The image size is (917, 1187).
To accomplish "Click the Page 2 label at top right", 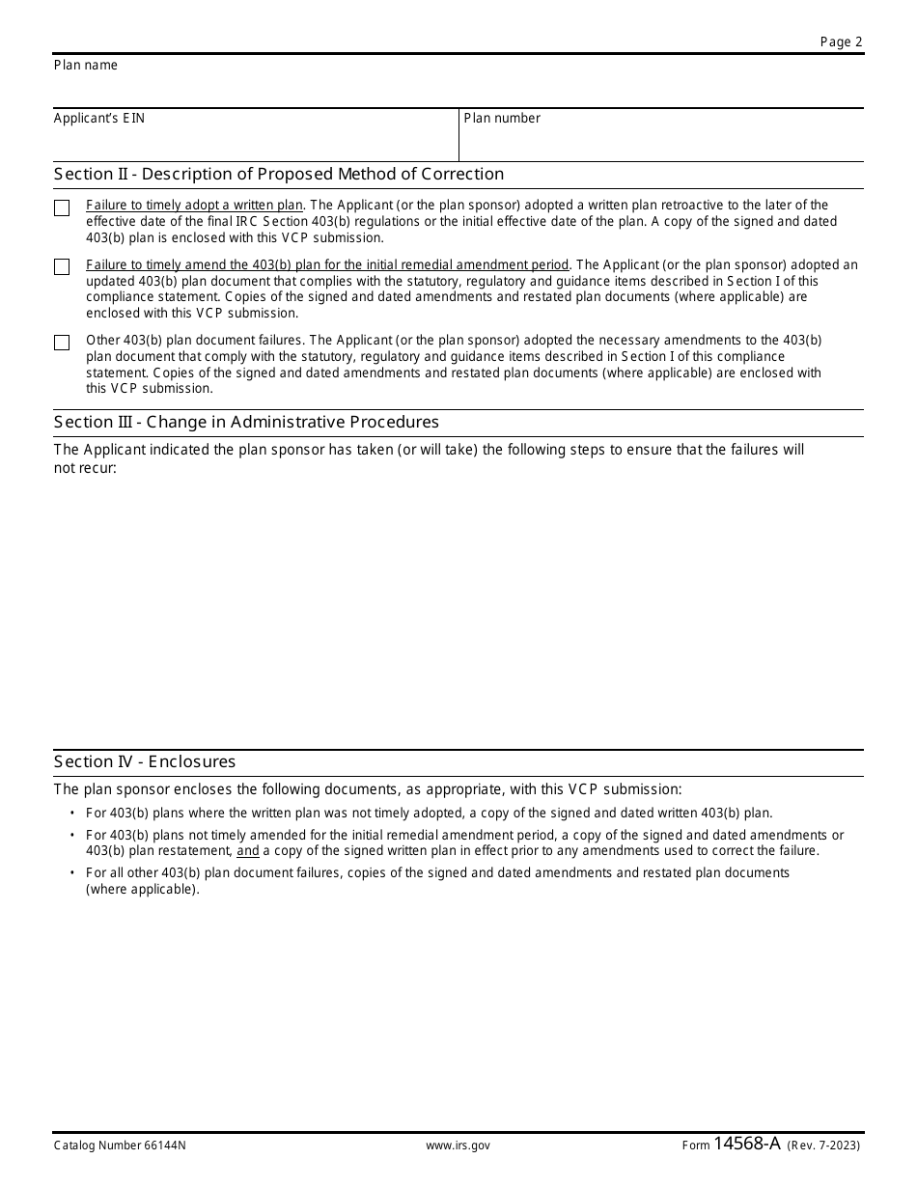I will coord(841,41).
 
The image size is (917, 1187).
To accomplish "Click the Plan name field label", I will coord(86,66).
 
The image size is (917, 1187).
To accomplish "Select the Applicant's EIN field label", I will coord(99,119).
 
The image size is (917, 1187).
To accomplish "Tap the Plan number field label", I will coord(502,119).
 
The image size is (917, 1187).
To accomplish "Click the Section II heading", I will coord(279,175).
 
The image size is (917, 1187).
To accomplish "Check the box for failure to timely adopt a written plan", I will coord(63,208).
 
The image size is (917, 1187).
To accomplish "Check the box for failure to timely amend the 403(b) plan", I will coord(63,267).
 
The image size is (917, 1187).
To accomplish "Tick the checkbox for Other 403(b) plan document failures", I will coord(63,343).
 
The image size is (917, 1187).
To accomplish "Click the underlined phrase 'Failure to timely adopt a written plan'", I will coord(195,206).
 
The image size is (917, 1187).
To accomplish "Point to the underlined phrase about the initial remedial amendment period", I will coord(328,265).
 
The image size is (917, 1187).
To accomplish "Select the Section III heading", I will coord(246,423).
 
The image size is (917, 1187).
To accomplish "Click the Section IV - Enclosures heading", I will coord(145,762).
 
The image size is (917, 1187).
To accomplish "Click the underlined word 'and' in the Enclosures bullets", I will coord(248,851).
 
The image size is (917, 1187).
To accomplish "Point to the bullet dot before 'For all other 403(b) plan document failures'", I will coord(72,873).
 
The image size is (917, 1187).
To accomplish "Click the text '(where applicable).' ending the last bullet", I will coord(143,889).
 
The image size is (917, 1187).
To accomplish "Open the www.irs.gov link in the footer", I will coord(458,1146).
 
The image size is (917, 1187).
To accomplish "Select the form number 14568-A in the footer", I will coord(747,1145).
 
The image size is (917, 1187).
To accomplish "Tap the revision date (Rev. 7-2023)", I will coord(823,1146).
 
